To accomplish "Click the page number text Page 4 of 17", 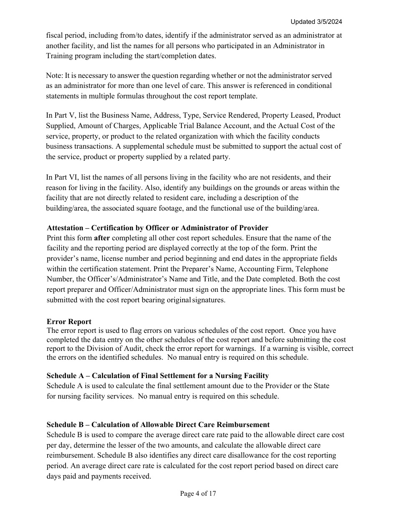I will point(198,494).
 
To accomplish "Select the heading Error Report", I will point(69,322).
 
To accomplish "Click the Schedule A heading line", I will point(158,376).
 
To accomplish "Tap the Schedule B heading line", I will point(158,425).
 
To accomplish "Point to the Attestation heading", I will point(157,228).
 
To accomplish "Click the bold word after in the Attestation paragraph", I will point(102,238).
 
